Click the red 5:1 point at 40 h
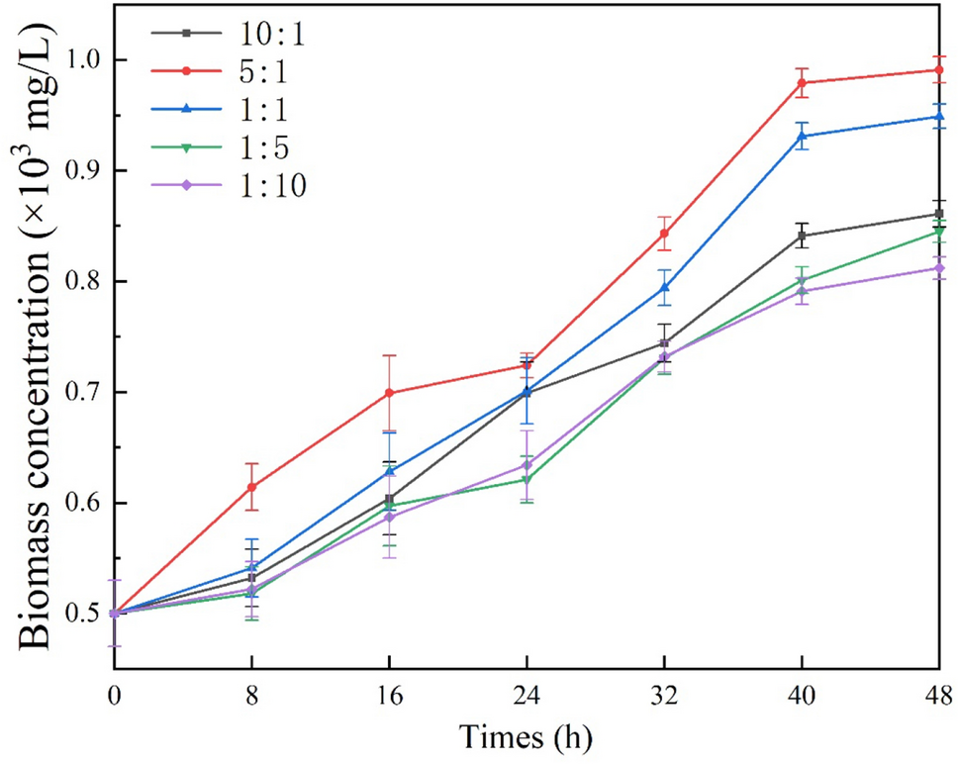tap(802, 83)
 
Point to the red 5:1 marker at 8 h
tap(252, 487)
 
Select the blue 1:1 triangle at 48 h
tap(938, 117)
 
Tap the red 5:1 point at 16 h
tap(389, 393)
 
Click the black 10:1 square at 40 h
tap(802, 236)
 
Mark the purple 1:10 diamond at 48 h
tap(938, 268)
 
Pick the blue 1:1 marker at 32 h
tap(664, 288)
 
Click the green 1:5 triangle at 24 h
tap(527, 480)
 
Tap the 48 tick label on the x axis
tap(937, 697)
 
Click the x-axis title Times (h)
tap(526, 737)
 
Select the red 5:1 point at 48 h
tap(938, 70)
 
